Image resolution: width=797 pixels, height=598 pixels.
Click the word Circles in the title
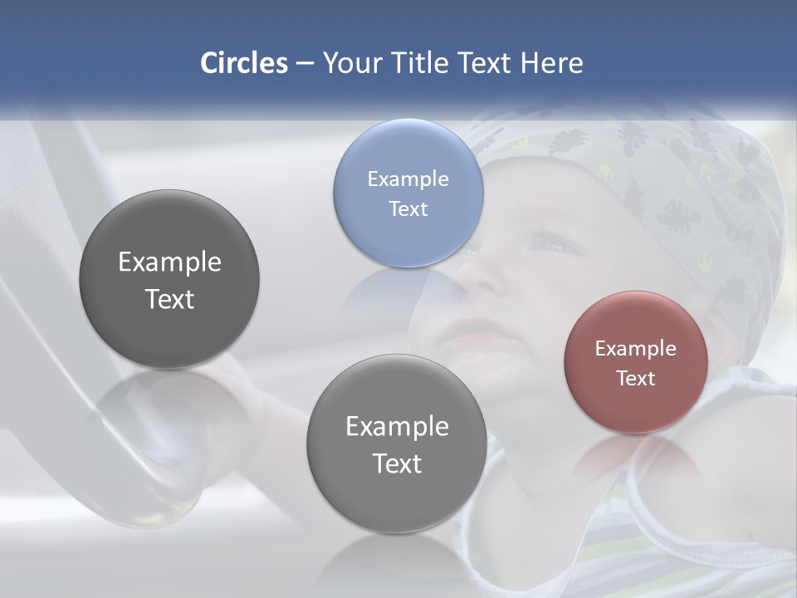(x=244, y=63)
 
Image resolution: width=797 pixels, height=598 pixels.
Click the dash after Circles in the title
(x=305, y=64)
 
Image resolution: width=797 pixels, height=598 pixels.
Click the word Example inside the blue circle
(x=408, y=179)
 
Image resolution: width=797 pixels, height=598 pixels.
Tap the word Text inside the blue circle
(x=408, y=208)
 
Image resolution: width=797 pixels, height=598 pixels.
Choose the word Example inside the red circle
(x=635, y=348)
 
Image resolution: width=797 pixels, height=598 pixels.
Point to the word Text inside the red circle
(x=635, y=378)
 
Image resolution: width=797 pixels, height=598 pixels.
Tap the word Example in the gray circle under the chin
(x=397, y=426)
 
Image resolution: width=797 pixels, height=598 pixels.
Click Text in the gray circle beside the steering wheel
(x=169, y=299)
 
